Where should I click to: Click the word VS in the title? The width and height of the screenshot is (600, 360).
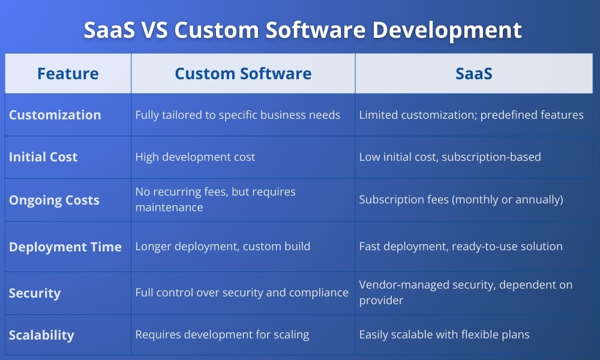pyautogui.click(x=155, y=30)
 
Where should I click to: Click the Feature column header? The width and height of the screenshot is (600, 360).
pyautogui.click(x=68, y=73)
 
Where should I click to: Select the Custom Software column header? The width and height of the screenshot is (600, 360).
pyautogui.click(x=243, y=73)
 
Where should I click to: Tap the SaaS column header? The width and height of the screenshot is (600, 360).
pyautogui.click(x=474, y=73)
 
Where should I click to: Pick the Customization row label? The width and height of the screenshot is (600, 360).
pyautogui.click(x=55, y=115)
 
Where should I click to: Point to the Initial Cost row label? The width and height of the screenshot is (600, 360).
pyautogui.click(x=43, y=157)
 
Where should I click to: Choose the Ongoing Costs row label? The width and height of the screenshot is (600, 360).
pyautogui.click(x=54, y=200)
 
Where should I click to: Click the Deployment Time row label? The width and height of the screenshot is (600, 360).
pyautogui.click(x=65, y=247)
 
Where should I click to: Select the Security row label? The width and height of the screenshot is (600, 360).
pyautogui.click(x=34, y=293)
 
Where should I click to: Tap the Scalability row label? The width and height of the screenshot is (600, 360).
pyautogui.click(x=41, y=335)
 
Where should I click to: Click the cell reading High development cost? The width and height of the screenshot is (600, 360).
pyautogui.click(x=195, y=157)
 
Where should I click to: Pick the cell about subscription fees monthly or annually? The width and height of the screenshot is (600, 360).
pyautogui.click(x=461, y=199)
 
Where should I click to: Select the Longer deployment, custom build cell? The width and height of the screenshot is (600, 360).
pyautogui.click(x=223, y=247)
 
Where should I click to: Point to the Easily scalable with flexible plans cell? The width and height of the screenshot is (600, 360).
pyautogui.click(x=444, y=334)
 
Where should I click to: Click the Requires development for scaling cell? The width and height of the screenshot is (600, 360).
pyautogui.click(x=222, y=334)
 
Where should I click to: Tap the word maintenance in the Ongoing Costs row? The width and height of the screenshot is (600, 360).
pyautogui.click(x=169, y=208)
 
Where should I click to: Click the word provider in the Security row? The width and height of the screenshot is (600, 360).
pyautogui.click(x=381, y=301)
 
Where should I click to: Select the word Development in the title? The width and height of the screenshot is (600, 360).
pyautogui.click(x=447, y=31)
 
